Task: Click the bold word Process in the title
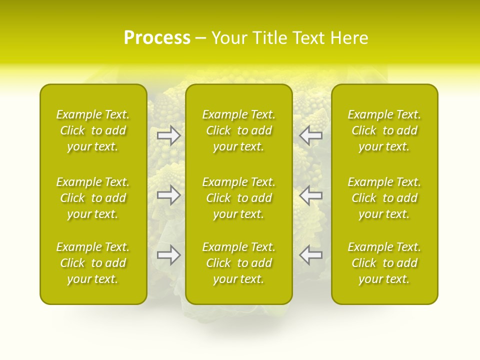[x=157, y=38]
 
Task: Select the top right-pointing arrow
[x=168, y=135]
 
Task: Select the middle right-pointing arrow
[x=168, y=195]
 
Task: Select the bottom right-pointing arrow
[x=168, y=255]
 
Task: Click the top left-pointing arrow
[x=310, y=135]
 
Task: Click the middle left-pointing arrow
[x=310, y=195]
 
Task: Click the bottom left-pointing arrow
[x=310, y=255]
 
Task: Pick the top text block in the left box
[x=93, y=130]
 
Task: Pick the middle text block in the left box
[x=93, y=198]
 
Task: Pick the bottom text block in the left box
[x=93, y=263]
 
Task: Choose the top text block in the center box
[x=239, y=130]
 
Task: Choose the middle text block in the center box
[x=239, y=198]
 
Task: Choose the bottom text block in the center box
[x=239, y=263]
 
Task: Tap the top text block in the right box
[x=384, y=130]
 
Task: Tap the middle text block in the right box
[x=384, y=198]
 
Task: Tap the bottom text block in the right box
[x=384, y=263]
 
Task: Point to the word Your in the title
[x=229, y=38]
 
